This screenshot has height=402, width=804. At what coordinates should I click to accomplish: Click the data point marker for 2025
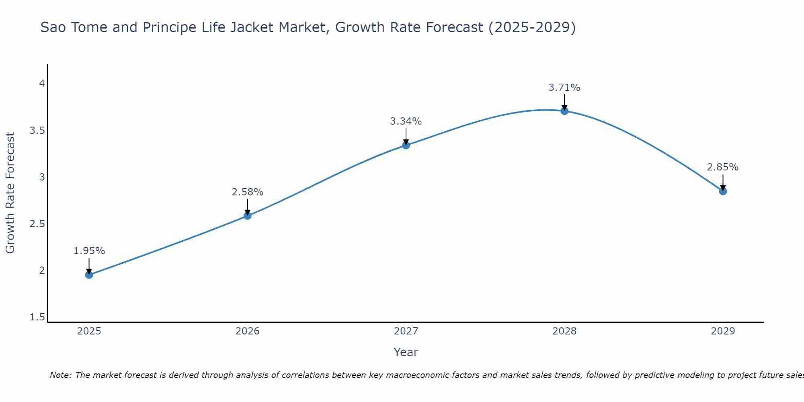89,275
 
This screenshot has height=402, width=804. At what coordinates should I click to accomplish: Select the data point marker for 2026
248,216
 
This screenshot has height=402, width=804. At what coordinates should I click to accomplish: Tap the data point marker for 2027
406,145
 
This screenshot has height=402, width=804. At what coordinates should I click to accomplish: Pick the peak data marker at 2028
564,111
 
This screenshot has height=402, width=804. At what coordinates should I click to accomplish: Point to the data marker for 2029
723,191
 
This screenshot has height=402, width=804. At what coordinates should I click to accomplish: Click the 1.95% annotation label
89,251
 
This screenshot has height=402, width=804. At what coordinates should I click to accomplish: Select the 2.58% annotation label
248,192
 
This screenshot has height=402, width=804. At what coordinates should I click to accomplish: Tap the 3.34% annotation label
406,121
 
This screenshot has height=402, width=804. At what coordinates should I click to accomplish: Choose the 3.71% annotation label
564,88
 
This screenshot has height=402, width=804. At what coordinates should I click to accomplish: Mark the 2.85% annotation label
723,167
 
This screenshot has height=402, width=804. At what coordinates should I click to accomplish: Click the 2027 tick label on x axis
406,331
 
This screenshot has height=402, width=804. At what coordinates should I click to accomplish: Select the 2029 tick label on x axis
723,331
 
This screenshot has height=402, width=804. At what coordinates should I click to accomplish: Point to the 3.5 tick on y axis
37,131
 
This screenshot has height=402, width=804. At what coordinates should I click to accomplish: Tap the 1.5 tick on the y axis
37,317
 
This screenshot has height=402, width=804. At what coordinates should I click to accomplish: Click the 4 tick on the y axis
41,84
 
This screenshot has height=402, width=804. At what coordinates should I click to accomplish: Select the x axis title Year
406,352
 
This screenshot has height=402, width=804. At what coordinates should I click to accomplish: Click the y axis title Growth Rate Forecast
10,193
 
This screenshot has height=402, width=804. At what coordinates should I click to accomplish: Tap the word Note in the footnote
60,375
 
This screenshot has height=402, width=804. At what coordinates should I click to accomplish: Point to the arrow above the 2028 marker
564,102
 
